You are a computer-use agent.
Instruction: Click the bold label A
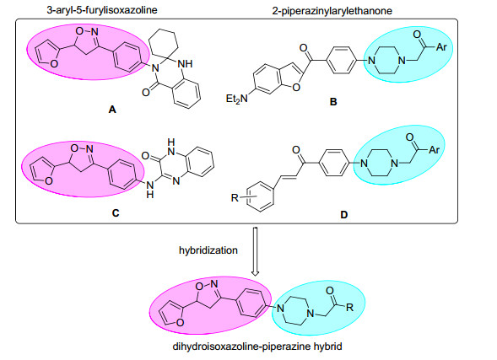[x=112, y=110]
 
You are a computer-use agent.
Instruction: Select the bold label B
[x=333, y=102]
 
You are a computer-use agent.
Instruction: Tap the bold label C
[x=116, y=213]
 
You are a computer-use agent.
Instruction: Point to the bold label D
[x=344, y=215]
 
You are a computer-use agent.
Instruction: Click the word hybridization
[x=208, y=250]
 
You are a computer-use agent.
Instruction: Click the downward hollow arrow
[x=255, y=251]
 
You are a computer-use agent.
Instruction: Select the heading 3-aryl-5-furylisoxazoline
[x=102, y=10]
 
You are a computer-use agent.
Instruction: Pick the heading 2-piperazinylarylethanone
[x=332, y=11]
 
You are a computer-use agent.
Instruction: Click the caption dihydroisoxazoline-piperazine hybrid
[x=257, y=347]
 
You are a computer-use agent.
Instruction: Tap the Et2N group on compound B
[x=237, y=99]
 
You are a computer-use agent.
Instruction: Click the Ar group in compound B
[x=441, y=47]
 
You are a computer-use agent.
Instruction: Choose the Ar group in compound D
[x=434, y=150]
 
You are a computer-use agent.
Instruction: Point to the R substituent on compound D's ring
[x=235, y=198]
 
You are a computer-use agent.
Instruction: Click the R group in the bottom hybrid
[x=349, y=307]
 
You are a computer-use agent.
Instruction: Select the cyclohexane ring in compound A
[x=164, y=44]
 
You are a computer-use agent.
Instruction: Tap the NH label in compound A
[x=185, y=64]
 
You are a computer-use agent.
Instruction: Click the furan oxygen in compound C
[x=48, y=180]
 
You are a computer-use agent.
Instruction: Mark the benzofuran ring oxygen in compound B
[x=296, y=87]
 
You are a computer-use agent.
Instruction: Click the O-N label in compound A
[x=87, y=32]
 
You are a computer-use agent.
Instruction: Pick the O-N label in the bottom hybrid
[x=207, y=285]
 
